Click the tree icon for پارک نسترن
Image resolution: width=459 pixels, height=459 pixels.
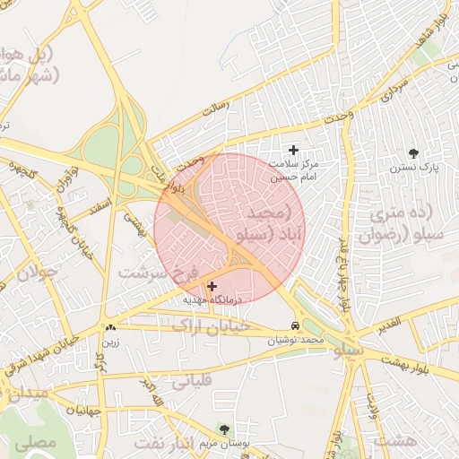413,153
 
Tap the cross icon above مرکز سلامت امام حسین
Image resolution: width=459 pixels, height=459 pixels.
293,149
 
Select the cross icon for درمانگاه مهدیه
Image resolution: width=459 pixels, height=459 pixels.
212,286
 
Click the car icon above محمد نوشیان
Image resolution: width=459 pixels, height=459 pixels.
296,325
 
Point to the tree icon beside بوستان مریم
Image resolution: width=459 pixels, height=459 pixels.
223,429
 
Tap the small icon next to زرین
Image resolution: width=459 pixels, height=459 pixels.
110,328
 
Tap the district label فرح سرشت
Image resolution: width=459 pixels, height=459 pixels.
159,270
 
